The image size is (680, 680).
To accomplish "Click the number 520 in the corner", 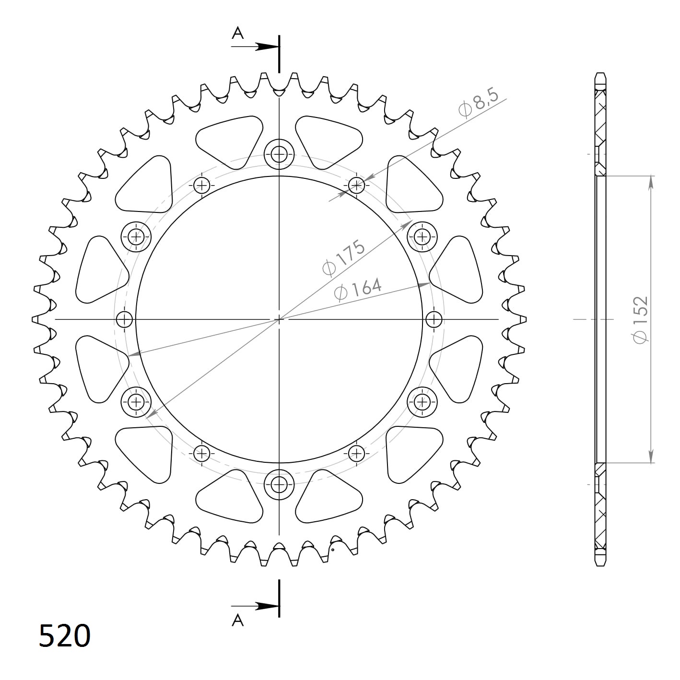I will (64, 636).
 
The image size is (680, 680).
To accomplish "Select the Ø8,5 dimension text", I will (479, 102).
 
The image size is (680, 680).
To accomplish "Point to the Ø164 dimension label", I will (358, 289).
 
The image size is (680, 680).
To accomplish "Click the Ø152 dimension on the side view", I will (641, 319).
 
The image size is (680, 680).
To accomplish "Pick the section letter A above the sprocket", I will (238, 33).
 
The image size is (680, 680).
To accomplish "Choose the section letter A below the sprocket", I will (238, 621).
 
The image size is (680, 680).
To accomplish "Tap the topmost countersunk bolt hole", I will (279, 154).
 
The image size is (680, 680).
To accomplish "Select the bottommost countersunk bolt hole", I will (279, 484).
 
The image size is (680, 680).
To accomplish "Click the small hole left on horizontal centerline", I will (125, 319).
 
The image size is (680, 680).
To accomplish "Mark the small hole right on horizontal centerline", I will (434, 319).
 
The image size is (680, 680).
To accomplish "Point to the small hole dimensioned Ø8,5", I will (356, 185).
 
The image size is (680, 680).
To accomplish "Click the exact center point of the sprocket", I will (279, 319).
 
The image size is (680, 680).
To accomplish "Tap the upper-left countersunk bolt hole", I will (136, 236).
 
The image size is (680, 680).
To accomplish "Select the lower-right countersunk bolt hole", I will (422, 401).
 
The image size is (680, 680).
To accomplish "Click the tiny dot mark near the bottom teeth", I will (332, 550).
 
